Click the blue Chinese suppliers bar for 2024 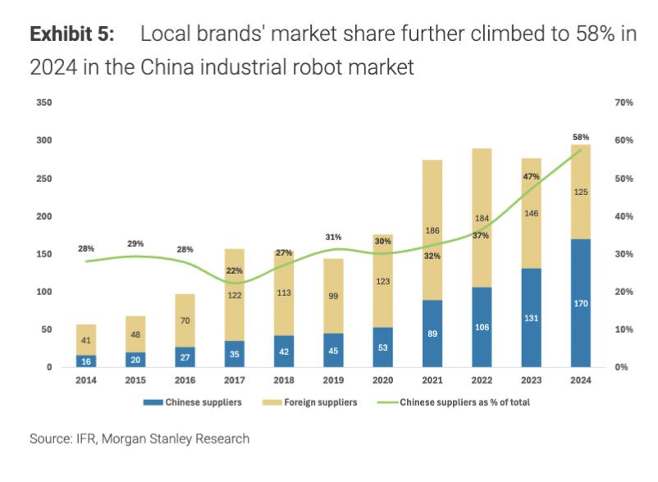tap(581, 302)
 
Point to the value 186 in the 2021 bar tap(432, 231)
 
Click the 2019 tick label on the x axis tap(332, 380)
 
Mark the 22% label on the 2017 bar tap(235, 271)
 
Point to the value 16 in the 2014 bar tap(86, 360)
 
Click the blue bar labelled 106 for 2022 tap(482, 327)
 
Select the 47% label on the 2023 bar tap(531, 176)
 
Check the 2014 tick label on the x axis tap(86, 380)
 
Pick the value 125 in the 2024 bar tap(581, 192)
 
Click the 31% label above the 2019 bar tap(332, 237)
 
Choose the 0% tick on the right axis tap(621, 367)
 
